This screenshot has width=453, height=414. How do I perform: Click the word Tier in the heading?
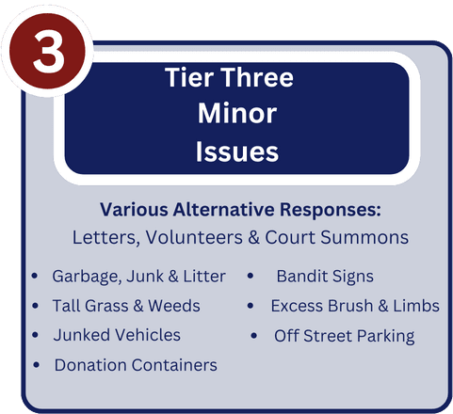187,78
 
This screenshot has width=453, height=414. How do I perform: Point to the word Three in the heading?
257,78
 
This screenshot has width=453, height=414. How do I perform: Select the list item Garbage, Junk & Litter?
138,277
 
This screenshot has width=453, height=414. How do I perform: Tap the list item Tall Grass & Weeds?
125,306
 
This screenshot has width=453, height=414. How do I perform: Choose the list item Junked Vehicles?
117,335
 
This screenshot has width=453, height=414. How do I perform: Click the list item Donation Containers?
136,364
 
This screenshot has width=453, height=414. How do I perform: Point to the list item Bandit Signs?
324,277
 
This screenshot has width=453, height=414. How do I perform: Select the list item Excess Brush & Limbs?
354,306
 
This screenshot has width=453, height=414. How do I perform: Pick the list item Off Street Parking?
344,335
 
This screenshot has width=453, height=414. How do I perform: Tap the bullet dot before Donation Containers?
36,364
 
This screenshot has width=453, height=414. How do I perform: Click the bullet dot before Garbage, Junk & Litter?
35,277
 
